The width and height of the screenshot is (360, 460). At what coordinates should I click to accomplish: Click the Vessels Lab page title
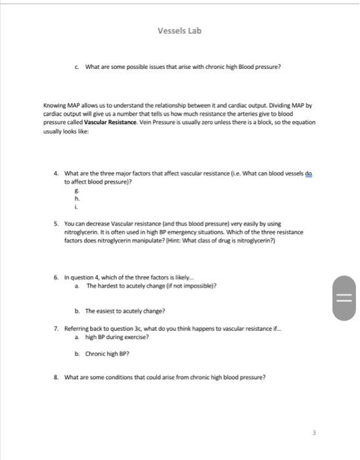(x=179, y=31)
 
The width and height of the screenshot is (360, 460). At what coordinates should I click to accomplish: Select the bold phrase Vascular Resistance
(x=111, y=122)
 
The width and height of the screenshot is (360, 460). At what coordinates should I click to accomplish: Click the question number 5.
(x=56, y=223)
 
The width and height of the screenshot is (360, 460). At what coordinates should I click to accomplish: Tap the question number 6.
(x=56, y=278)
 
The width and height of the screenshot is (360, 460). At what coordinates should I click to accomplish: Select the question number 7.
(x=56, y=327)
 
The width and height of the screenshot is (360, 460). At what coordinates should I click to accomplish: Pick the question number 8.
(x=56, y=377)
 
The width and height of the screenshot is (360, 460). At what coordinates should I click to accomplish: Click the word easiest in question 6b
(x=108, y=311)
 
